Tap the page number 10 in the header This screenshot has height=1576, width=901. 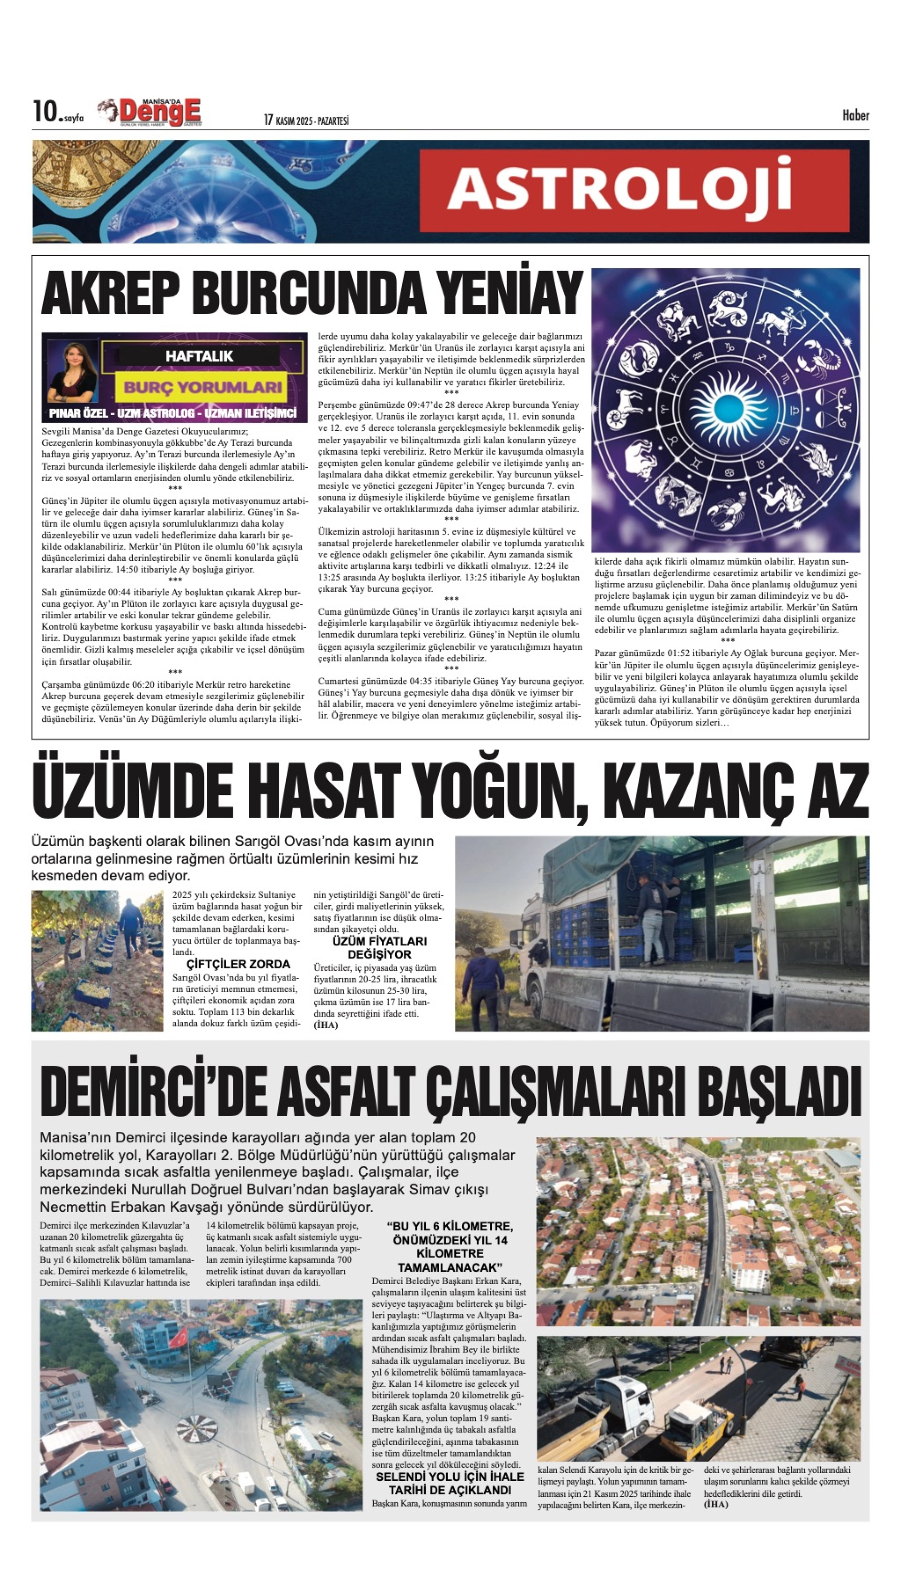click(45, 112)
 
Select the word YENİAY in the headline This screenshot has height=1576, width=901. click(509, 292)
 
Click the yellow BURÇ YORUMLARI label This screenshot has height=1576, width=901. click(203, 388)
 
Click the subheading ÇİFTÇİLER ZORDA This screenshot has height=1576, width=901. click(238, 964)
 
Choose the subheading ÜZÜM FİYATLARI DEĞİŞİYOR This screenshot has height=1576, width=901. click(379, 947)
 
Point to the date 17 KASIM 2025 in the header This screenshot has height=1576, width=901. click(288, 120)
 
